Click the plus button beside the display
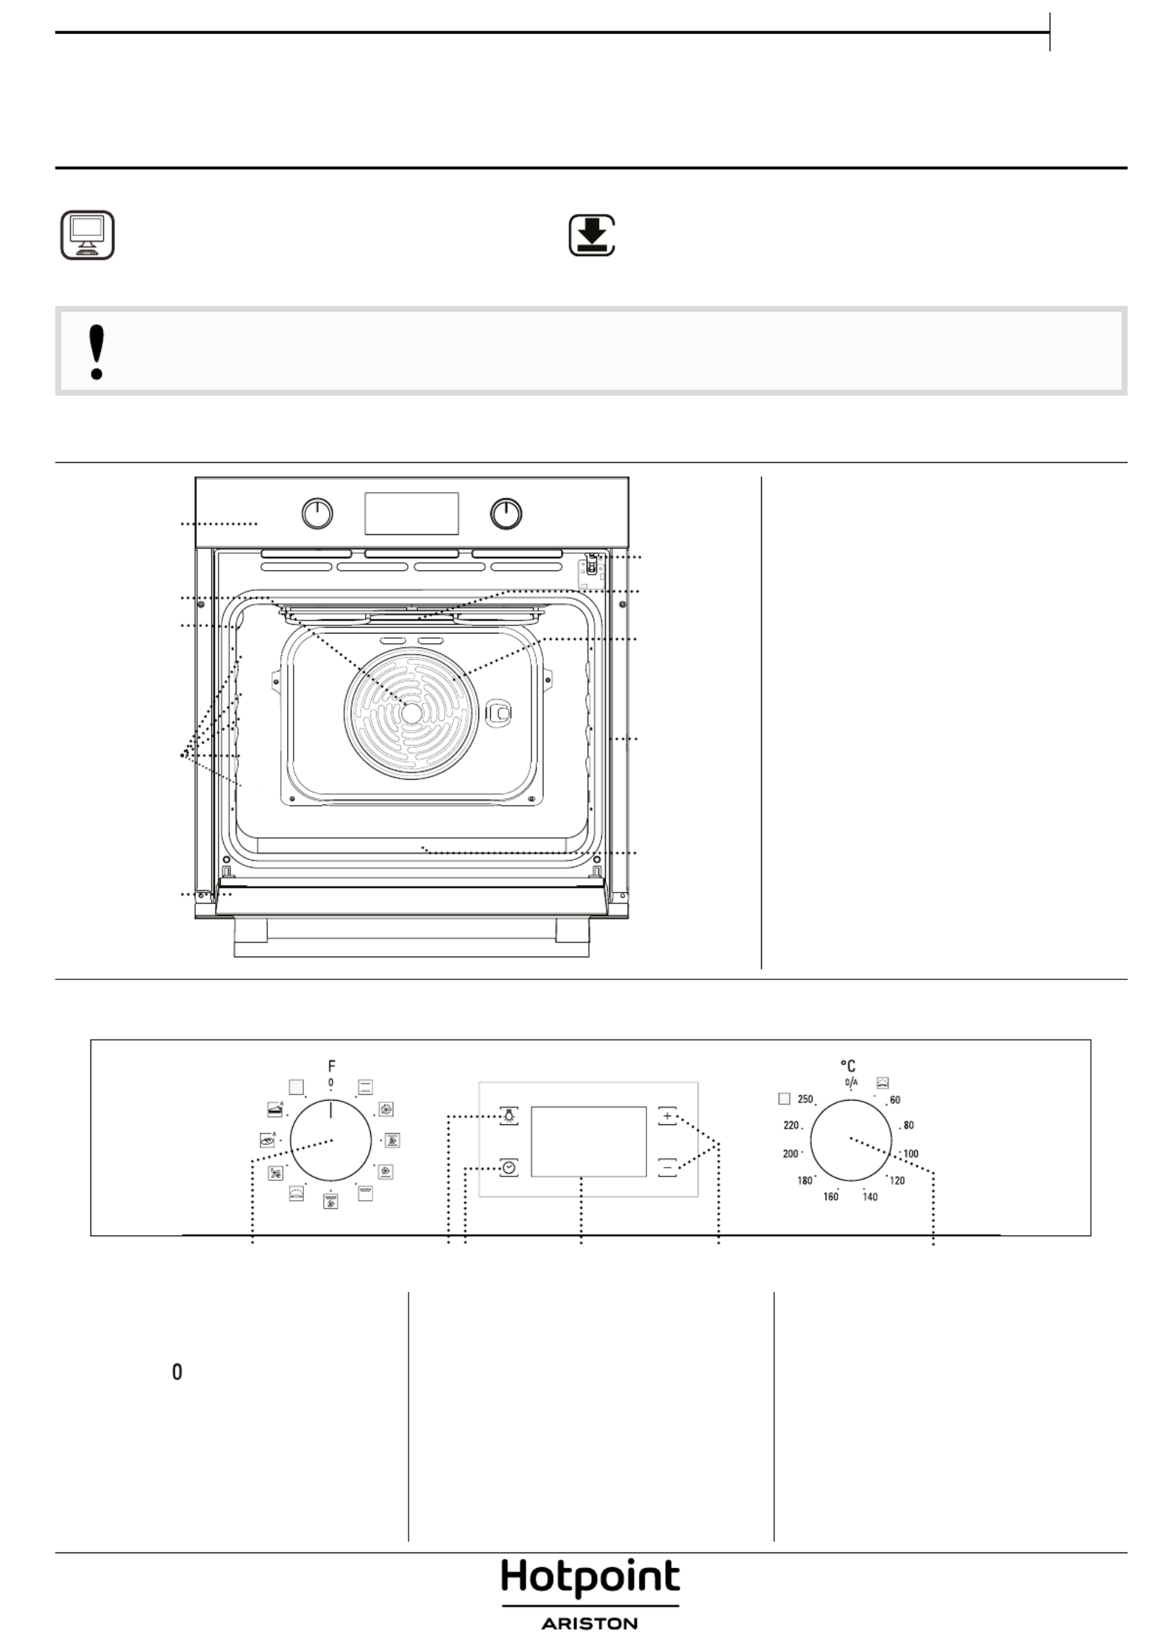click(x=667, y=1116)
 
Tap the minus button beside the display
click(x=667, y=1167)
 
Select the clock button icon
click(x=509, y=1167)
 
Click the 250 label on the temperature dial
click(x=805, y=1099)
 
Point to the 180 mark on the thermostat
click(x=804, y=1180)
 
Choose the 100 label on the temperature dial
click(x=910, y=1153)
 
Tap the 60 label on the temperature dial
click(x=895, y=1099)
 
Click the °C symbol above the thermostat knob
click(x=848, y=1065)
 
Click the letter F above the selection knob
click(x=331, y=1065)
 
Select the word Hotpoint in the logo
click(x=590, y=1577)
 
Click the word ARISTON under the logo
click(x=590, y=1622)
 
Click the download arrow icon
click(x=592, y=235)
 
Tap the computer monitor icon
click(x=87, y=235)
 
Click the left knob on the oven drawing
click(x=317, y=514)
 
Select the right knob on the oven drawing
click(x=506, y=514)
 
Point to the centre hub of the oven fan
click(x=411, y=712)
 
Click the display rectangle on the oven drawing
click(x=411, y=514)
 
